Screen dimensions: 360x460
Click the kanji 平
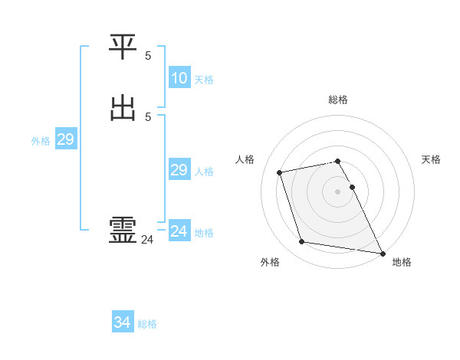coord(123,48)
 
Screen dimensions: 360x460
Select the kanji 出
coord(123,107)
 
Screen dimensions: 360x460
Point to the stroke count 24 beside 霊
coord(147,240)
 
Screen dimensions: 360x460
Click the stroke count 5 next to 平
coord(148,56)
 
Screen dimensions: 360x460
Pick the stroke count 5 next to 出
coord(148,116)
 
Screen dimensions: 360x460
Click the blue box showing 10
coord(179,78)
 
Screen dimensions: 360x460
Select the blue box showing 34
coord(122,323)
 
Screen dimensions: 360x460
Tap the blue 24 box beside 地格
coord(179,231)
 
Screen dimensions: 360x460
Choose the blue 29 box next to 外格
coord(65,139)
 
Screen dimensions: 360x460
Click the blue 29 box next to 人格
coord(179,170)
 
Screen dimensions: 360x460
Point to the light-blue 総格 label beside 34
coord(147,324)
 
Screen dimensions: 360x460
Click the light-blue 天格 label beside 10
coord(204,80)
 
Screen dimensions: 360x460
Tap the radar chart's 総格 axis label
coord(338,100)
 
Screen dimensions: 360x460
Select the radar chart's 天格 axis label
coord(432,159)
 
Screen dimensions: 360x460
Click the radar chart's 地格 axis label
coord(402,262)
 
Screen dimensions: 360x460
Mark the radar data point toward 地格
coord(382,252)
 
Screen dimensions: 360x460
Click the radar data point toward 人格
coord(280,172)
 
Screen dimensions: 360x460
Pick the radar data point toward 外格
coord(302,242)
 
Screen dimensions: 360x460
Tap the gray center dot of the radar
coord(338,191)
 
